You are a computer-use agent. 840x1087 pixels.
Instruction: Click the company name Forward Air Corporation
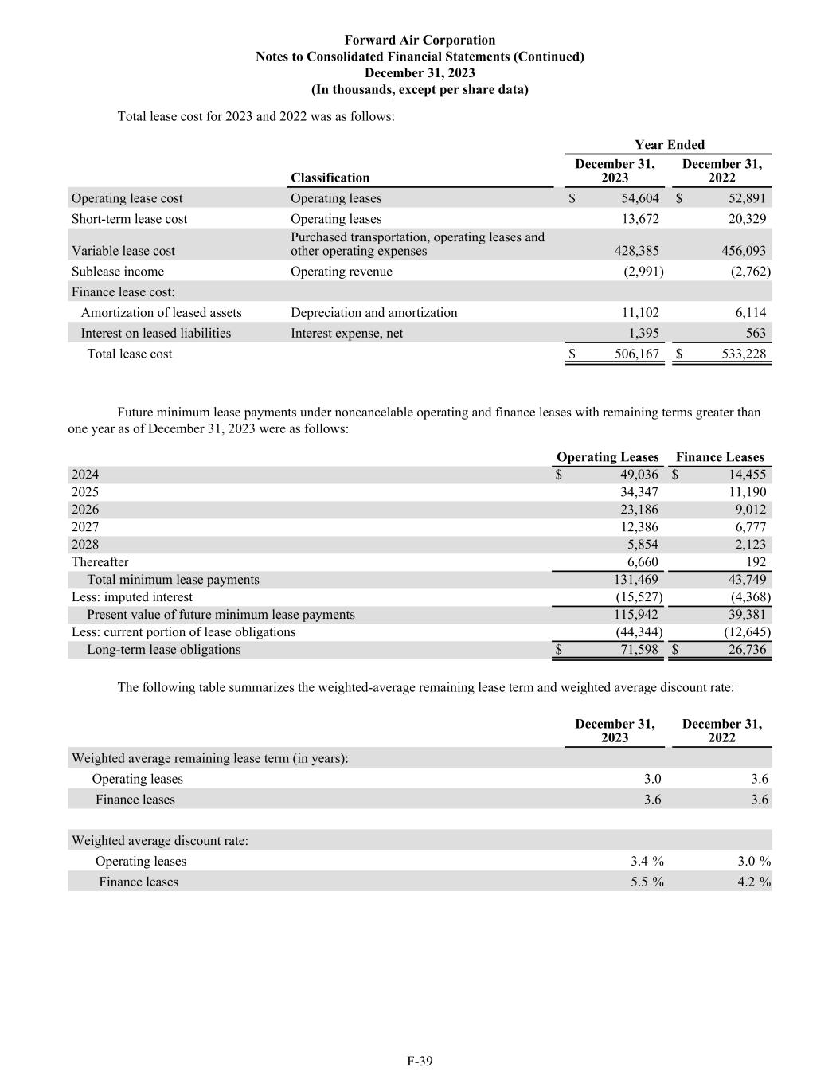tap(420, 40)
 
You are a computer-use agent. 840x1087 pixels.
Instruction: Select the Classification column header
tap(330, 178)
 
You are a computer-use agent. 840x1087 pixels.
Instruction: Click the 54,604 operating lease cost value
tap(635, 198)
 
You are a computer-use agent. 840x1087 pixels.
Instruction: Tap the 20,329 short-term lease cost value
tap(744, 219)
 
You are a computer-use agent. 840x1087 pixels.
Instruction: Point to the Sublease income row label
tap(118, 272)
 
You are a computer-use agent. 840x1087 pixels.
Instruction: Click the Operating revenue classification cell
tap(341, 272)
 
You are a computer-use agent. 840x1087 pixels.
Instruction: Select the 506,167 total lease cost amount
tap(637, 354)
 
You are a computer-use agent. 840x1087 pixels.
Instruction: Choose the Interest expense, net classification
tap(346, 334)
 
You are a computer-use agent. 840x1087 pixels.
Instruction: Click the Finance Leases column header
tap(719, 457)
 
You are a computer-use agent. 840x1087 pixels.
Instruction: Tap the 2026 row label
tap(85, 510)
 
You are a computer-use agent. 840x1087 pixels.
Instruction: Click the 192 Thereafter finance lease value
tap(756, 562)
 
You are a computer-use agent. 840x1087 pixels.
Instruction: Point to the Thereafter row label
tap(100, 562)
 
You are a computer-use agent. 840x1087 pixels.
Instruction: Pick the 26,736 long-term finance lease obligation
tap(744, 650)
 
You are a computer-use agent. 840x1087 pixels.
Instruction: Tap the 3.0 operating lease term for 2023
tap(652, 779)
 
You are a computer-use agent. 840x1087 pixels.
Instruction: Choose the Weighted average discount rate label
tap(160, 841)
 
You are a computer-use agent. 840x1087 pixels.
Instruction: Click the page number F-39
tap(420, 1061)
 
